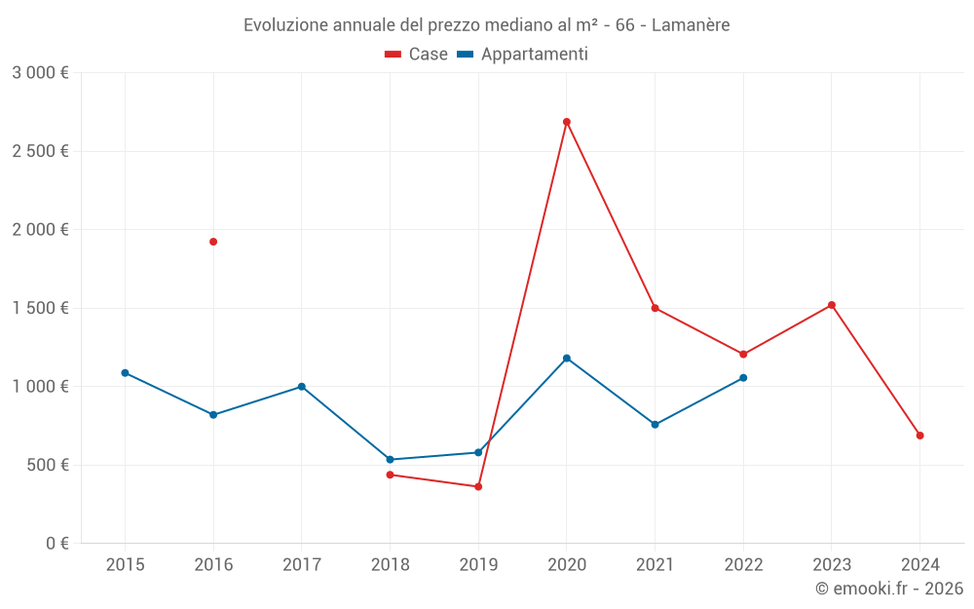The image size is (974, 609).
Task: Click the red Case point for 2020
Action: [x=566, y=122]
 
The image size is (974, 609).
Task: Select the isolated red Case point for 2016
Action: [x=213, y=242]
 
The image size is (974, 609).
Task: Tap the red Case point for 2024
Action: [x=919, y=436]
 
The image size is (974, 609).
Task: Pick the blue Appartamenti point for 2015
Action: [x=125, y=373]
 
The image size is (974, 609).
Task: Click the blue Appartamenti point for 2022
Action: [x=743, y=378]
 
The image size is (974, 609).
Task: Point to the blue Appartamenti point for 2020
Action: [x=566, y=359]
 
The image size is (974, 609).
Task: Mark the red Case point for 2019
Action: [x=478, y=486]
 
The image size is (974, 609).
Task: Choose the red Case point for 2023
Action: [x=831, y=305]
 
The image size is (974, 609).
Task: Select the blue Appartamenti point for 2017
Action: [x=302, y=387]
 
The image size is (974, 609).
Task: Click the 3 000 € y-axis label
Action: [x=40, y=73]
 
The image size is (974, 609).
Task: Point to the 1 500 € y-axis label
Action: [x=40, y=308]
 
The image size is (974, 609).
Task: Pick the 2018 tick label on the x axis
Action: [x=390, y=564]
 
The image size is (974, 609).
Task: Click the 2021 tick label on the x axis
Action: [x=655, y=564]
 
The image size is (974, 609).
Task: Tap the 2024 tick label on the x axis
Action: [x=919, y=564]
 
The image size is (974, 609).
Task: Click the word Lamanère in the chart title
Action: [x=690, y=25]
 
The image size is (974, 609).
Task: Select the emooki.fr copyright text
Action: [x=888, y=589]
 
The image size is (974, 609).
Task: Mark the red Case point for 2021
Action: [x=655, y=308]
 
